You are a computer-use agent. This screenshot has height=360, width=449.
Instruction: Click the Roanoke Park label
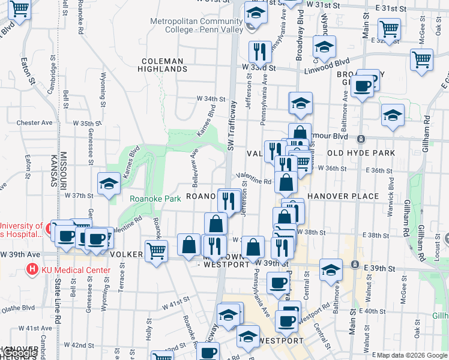click(155, 199)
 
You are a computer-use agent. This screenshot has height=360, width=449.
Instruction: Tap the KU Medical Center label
click(75, 270)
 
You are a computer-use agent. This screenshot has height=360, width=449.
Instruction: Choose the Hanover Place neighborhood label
click(343, 196)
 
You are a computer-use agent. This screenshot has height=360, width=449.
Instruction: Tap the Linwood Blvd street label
click(333, 62)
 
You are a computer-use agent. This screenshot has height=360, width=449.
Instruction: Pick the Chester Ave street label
click(35, 122)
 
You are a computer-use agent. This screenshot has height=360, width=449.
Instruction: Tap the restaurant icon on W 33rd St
click(260, 52)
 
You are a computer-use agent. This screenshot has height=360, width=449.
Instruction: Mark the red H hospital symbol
click(32, 270)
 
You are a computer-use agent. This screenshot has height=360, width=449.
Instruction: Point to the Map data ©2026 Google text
click(411, 355)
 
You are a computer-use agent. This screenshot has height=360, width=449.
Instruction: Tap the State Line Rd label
click(59, 306)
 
